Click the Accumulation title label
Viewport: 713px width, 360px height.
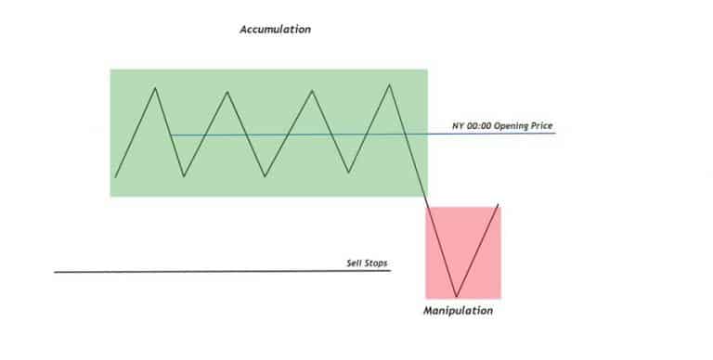[x=275, y=30]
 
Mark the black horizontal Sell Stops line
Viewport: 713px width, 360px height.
[x=186, y=271]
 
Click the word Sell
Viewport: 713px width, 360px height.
[x=353, y=264]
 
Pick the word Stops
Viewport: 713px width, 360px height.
[x=374, y=264]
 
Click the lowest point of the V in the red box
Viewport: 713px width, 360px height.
[x=456, y=295]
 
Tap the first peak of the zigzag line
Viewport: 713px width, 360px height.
[x=155, y=87]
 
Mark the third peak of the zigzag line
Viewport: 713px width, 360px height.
[x=310, y=90]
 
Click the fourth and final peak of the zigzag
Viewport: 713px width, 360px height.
[x=390, y=84]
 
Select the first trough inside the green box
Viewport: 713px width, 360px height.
[x=185, y=175]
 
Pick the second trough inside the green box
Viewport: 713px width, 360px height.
[x=266, y=175]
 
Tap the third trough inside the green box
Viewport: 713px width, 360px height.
[x=348, y=173]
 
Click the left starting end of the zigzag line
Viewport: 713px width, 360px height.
[x=116, y=176]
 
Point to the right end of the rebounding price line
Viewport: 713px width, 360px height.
[x=499, y=204]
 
